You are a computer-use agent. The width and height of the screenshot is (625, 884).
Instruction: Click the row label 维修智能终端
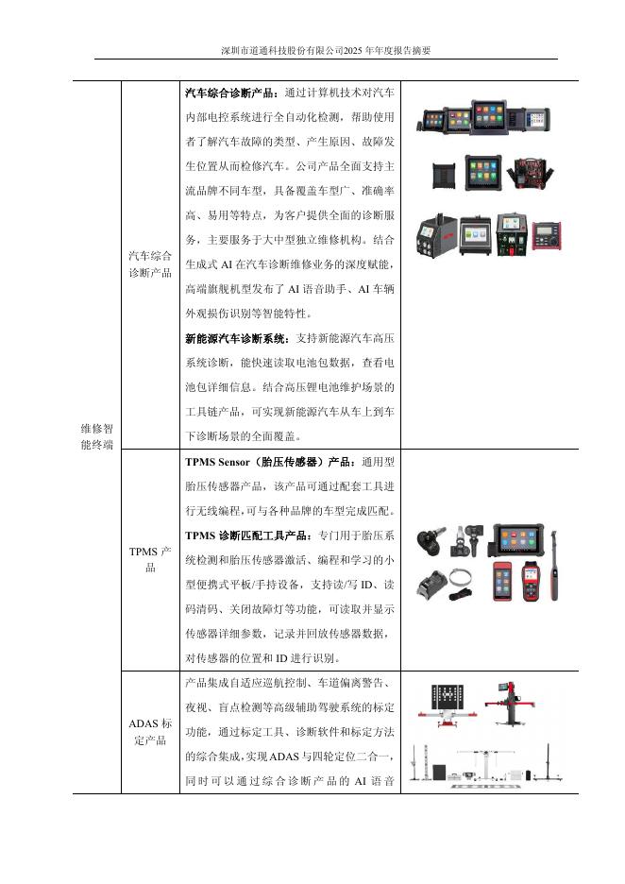point(96,435)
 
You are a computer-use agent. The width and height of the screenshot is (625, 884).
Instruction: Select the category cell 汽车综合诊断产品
point(149,264)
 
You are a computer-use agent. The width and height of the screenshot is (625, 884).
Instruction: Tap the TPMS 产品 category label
point(149,559)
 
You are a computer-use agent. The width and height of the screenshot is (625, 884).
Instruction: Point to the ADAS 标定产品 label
point(149,732)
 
